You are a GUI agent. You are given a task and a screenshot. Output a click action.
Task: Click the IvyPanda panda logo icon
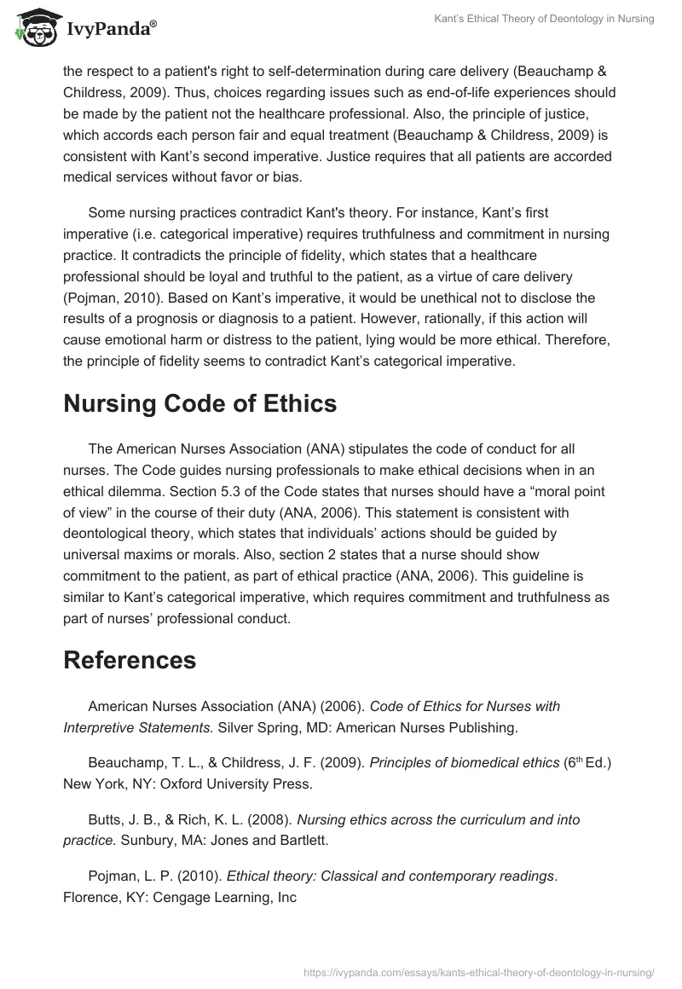(32, 28)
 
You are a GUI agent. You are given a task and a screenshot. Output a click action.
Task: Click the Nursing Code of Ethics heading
(199, 403)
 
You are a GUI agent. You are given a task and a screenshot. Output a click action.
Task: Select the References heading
(130, 659)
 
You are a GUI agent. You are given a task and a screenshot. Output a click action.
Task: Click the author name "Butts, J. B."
(121, 819)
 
